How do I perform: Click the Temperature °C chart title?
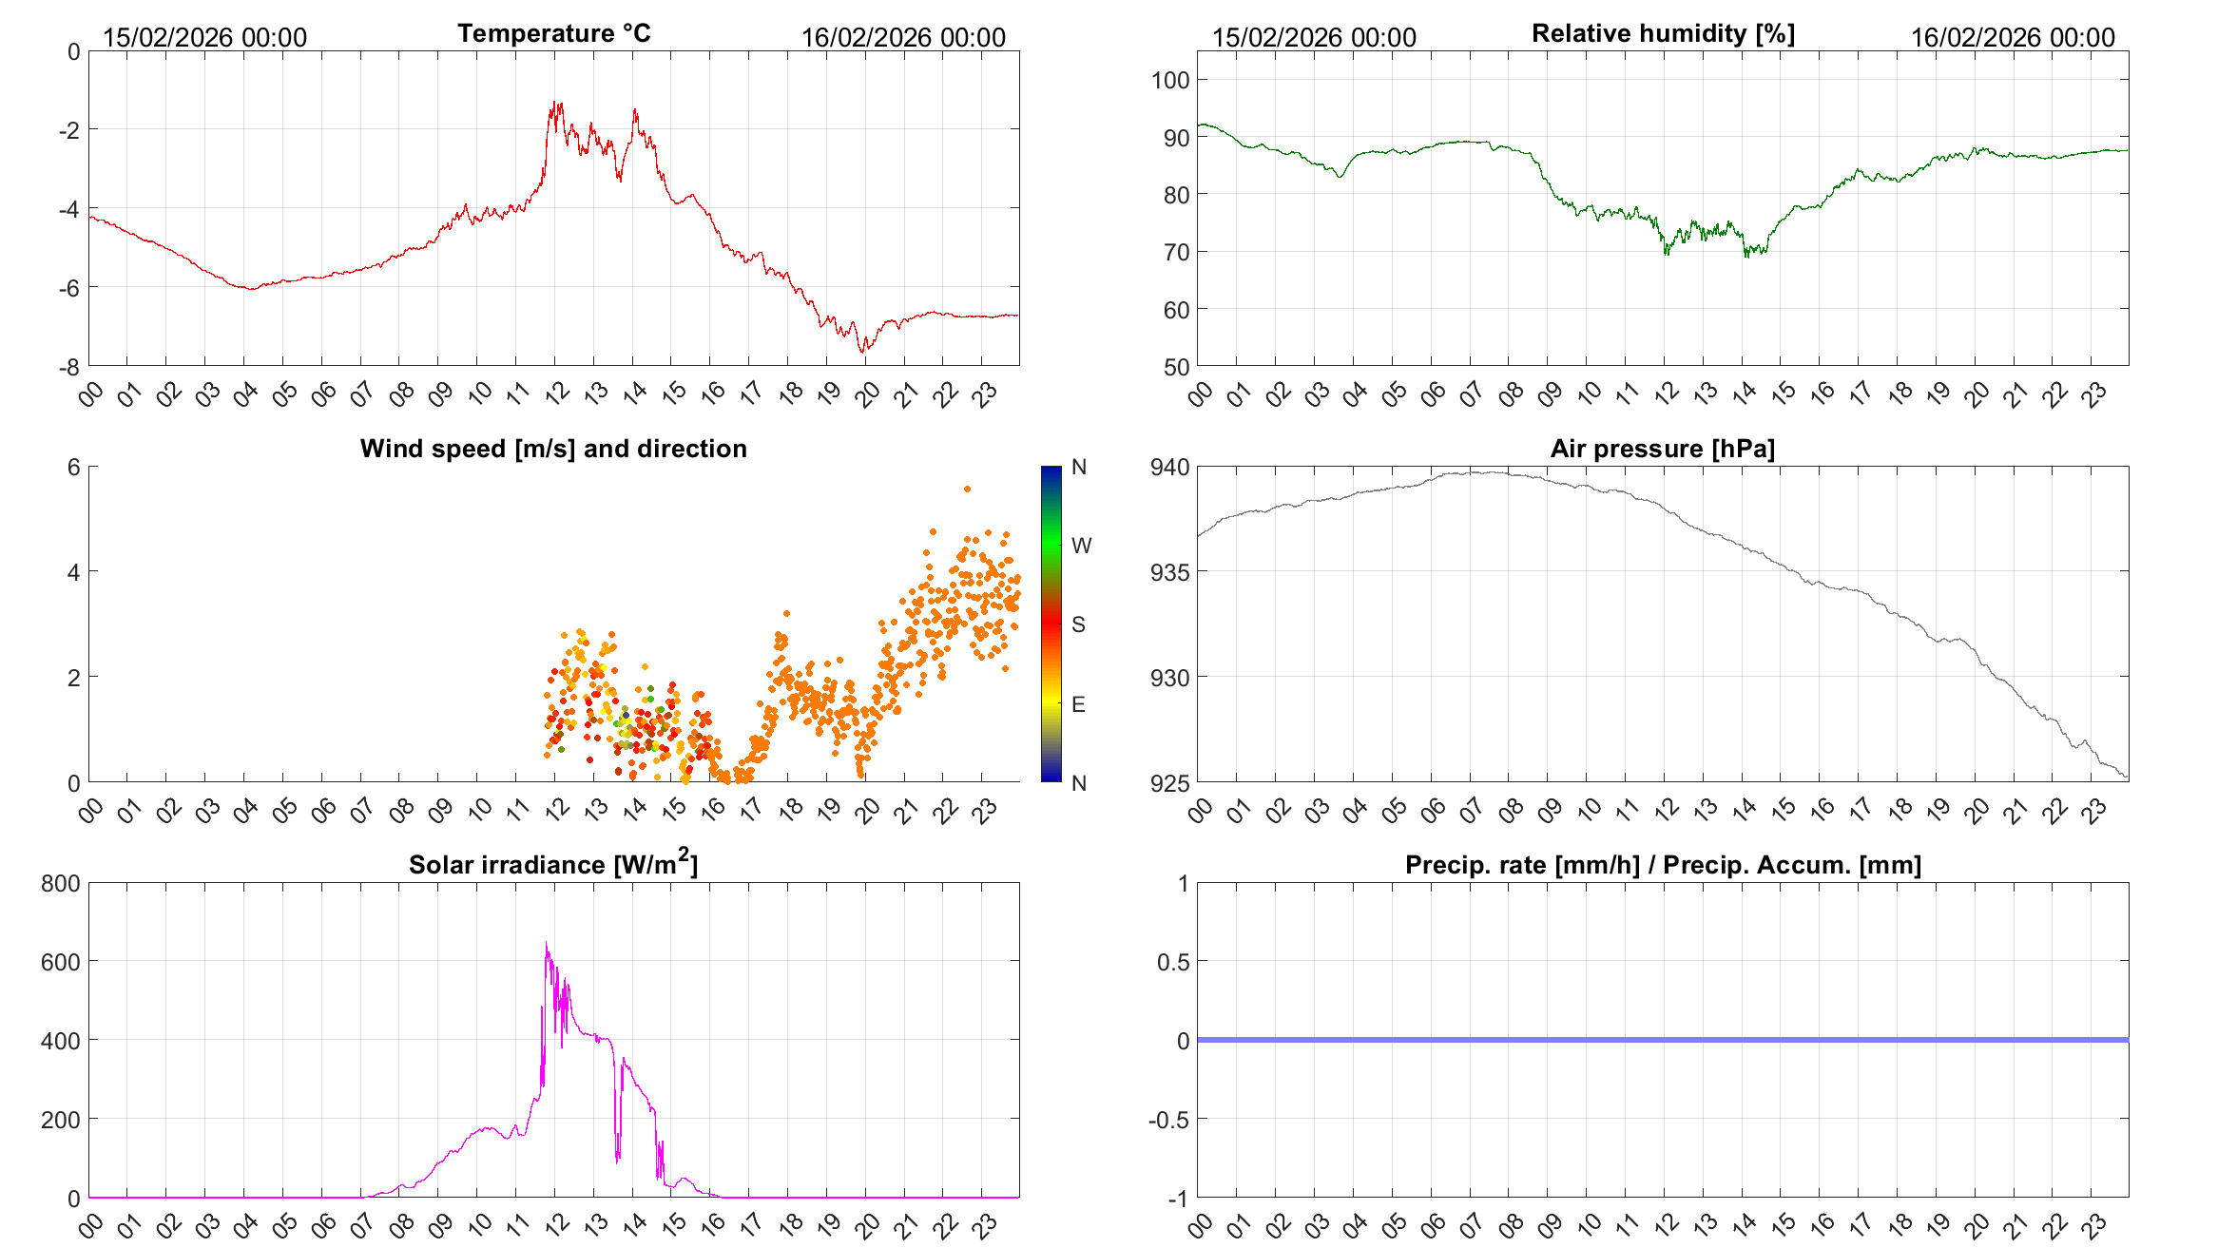click(x=553, y=33)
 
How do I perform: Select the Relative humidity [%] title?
click(x=1663, y=33)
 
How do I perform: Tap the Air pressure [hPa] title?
click(x=1662, y=449)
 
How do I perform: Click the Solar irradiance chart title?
click(x=552, y=864)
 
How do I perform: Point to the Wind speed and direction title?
click(x=553, y=449)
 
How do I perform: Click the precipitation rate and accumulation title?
click(x=1663, y=865)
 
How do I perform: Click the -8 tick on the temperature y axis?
click(x=69, y=367)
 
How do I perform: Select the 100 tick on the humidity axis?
click(x=1170, y=80)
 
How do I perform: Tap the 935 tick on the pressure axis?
click(x=1170, y=572)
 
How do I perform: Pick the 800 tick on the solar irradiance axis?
click(x=61, y=884)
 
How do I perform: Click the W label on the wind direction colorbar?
click(x=1081, y=546)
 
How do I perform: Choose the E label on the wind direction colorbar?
click(x=1078, y=704)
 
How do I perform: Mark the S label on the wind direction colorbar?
click(x=1078, y=624)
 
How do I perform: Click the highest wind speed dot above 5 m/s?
click(x=967, y=490)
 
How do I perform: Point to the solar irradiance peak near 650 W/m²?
click(x=546, y=943)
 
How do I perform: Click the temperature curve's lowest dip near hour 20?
click(x=863, y=352)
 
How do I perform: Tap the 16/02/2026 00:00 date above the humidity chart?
click(x=2013, y=38)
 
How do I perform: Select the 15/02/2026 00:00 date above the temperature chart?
click(x=204, y=38)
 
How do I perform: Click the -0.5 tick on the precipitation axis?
click(x=1168, y=1120)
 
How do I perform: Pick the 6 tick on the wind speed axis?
click(x=73, y=468)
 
